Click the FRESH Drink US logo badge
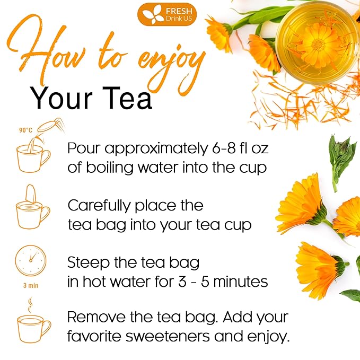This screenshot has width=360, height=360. (166, 14)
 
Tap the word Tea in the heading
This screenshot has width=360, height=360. (128, 98)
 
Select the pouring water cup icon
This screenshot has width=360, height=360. (35, 151)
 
